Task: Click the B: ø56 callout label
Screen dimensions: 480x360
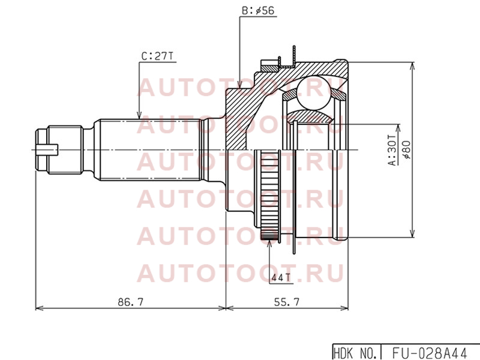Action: (x=258, y=11)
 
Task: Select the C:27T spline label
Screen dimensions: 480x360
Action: (x=157, y=56)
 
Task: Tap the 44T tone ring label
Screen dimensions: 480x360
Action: (x=281, y=277)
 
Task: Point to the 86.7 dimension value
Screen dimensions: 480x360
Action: (x=130, y=302)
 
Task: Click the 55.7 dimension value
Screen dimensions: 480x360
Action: (x=287, y=302)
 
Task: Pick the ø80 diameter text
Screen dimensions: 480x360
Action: (x=407, y=150)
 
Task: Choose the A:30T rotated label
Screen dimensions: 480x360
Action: (x=392, y=150)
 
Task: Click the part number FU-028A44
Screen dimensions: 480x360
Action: (x=429, y=353)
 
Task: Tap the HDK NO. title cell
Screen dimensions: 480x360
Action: (x=355, y=353)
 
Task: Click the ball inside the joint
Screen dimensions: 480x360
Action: (x=312, y=94)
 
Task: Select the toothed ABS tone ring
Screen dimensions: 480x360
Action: (x=269, y=194)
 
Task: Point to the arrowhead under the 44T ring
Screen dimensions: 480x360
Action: (x=269, y=244)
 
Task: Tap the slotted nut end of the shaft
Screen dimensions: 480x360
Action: (x=59, y=149)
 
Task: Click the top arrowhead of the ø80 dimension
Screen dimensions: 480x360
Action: (x=413, y=67)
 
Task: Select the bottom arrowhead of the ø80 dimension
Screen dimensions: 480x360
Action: (x=413, y=233)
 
